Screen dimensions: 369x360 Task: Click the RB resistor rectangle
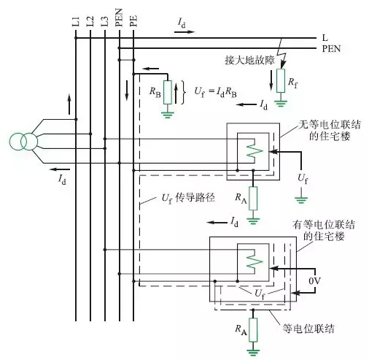(x=168, y=92)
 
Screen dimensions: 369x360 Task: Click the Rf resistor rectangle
(x=281, y=80)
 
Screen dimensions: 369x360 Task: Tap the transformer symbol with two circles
(x=24, y=142)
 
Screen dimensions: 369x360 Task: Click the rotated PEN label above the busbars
(x=119, y=18)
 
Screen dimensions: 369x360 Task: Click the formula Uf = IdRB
(x=215, y=92)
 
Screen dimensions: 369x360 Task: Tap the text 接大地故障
(x=249, y=60)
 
